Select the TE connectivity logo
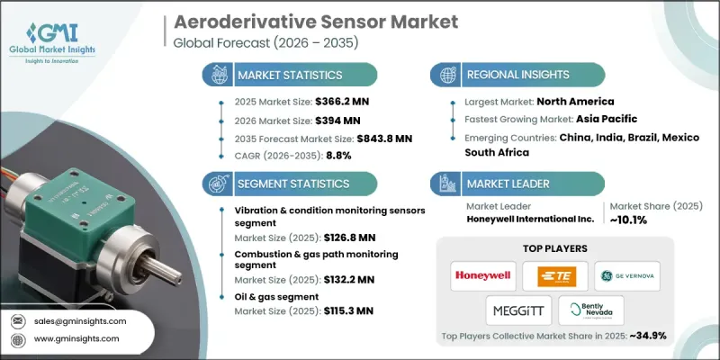555,274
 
